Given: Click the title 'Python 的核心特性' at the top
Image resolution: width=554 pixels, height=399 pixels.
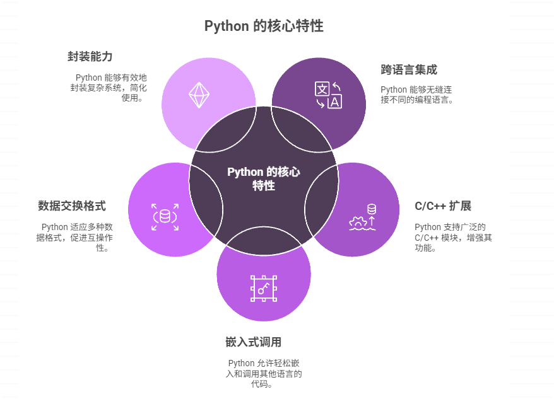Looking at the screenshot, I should [264, 26].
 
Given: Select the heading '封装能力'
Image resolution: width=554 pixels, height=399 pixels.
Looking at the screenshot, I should [90, 57].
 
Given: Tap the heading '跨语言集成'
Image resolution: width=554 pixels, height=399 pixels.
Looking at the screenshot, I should [409, 69].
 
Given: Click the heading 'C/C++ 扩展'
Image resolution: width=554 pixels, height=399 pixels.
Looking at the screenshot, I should [443, 206].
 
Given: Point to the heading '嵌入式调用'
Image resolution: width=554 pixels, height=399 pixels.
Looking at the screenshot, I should [253, 342].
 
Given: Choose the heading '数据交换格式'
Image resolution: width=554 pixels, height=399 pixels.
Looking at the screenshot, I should [71, 206].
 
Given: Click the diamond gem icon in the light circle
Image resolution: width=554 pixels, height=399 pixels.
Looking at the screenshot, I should [199, 95].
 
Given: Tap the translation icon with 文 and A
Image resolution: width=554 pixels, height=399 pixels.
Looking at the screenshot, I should [328, 95].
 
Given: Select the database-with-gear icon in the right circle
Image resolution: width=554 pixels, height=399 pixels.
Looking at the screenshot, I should [363, 217].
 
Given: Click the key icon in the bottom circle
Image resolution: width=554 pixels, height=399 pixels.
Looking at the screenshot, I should [264, 288].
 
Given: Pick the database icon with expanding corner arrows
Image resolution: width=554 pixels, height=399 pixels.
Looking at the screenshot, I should [165, 217].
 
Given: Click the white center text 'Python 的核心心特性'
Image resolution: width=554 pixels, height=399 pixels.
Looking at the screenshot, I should [264, 179].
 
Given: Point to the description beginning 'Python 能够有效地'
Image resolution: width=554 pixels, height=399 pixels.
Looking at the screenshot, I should [109, 88].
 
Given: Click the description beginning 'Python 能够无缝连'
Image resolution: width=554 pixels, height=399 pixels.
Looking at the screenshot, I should [417, 95].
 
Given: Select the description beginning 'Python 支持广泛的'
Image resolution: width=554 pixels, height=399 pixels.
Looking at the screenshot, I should [453, 237].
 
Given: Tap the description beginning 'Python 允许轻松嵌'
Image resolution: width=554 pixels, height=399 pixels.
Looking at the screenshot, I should [264, 373].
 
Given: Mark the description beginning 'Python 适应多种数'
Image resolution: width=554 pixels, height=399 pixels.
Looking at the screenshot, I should [76, 237].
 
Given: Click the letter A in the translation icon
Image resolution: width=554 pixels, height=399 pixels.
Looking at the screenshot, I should [334, 101].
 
